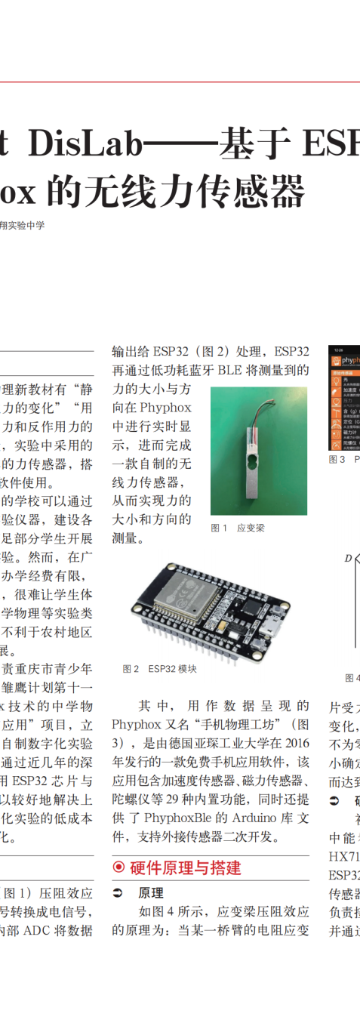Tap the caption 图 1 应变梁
(x=237, y=528)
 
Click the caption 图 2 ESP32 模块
(x=159, y=668)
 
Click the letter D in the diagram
(x=348, y=559)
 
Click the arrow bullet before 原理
(x=118, y=892)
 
